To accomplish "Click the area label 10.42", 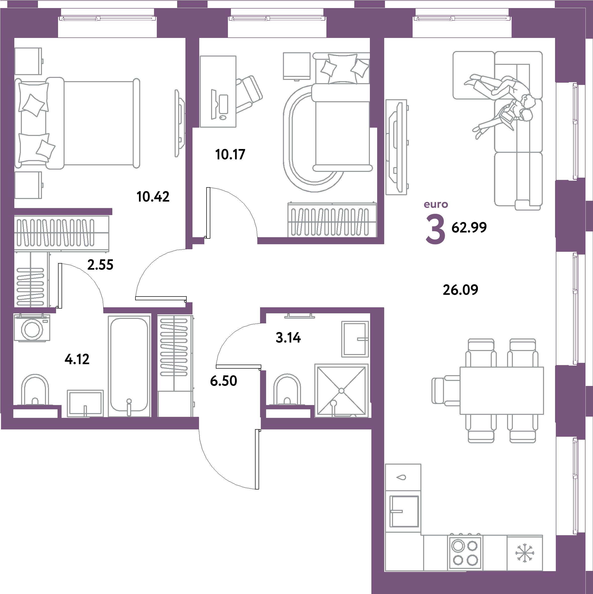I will click(x=153, y=197).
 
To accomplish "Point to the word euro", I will click(x=436, y=205).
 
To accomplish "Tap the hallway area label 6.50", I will click(x=223, y=381).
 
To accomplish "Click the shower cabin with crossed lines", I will click(x=341, y=390).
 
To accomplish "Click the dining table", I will click(x=501, y=390).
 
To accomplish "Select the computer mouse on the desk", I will click(x=223, y=117).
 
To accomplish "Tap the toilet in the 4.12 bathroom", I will click(x=35, y=390).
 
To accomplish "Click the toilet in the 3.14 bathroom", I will click(x=287, y=390).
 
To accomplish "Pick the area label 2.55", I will click(x=100, y=265).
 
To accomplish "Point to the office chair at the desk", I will click(x=249, y=92).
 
